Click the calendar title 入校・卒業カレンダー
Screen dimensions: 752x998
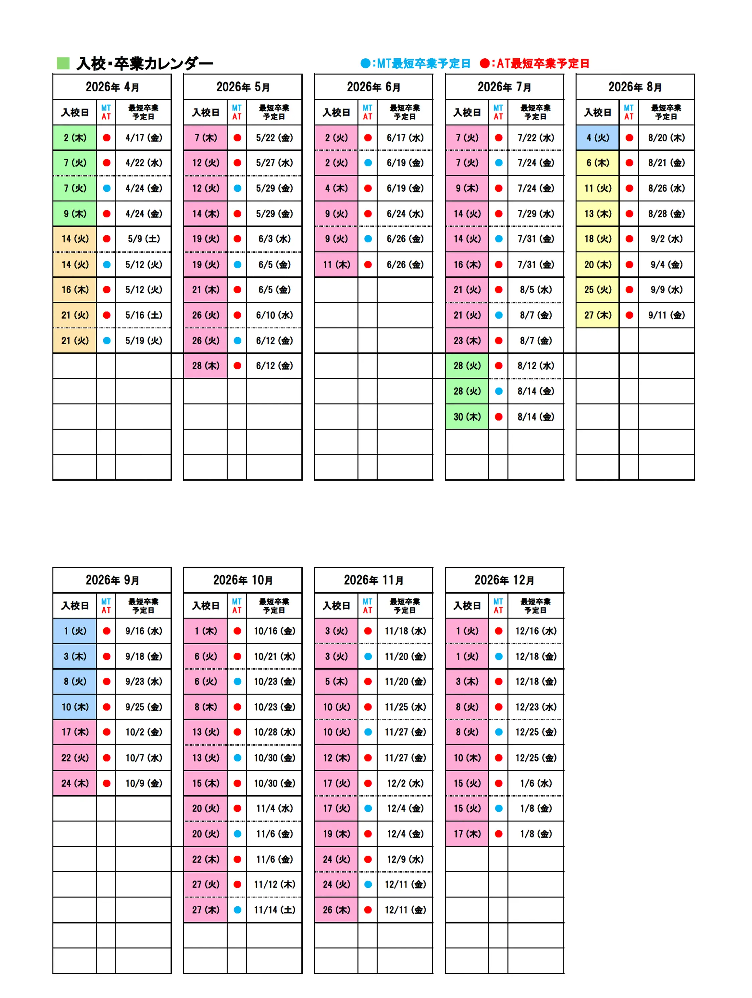point(144,63)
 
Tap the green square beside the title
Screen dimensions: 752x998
point(63,63)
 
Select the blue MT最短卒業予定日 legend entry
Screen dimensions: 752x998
point(415,63)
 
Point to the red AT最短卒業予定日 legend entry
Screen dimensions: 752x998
point(534,63)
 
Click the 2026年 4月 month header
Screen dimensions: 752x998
point(112,87)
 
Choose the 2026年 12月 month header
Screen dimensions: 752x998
point(504,580)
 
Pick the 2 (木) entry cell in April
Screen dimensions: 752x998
point(75,138)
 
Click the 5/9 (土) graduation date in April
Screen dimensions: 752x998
point(143,239)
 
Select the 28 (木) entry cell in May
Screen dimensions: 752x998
point(205,366)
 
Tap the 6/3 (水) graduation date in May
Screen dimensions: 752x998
point(274,239)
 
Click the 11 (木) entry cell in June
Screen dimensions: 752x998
point(336,265)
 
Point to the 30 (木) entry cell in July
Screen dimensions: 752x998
point(467,417)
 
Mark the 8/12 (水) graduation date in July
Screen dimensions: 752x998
point(536,366)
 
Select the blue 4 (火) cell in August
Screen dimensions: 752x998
point(598,138)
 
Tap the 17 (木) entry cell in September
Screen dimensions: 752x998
point(75,732)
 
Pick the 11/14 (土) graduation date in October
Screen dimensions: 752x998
point(274,910)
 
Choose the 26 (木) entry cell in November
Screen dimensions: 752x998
point(336,910)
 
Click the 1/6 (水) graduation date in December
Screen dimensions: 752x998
point(536,783)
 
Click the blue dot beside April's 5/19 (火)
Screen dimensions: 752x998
point(107,341)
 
